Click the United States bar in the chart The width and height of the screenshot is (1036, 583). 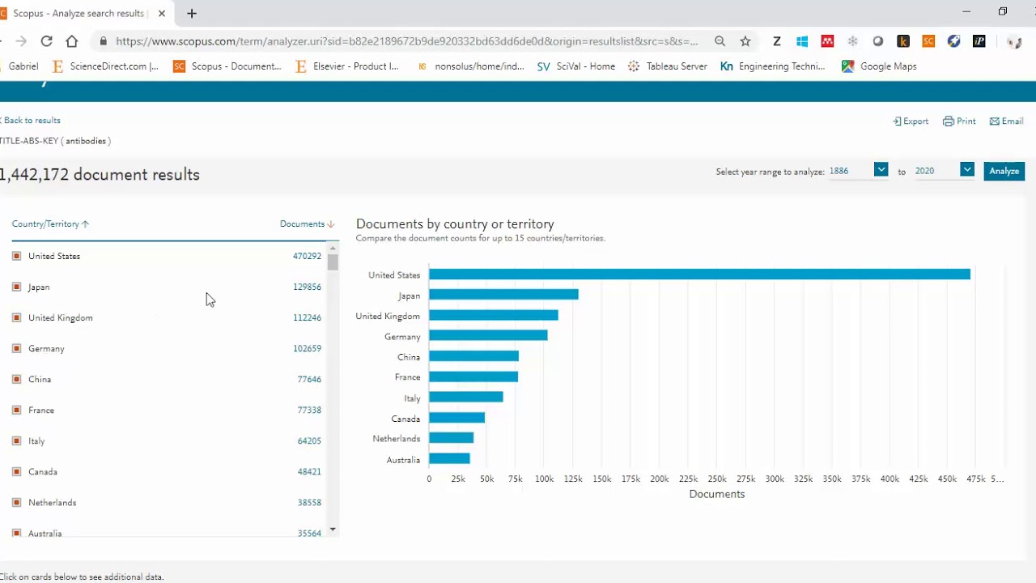(699, 274)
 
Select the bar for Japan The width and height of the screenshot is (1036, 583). (503, 296)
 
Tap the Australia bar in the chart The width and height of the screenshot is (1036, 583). (449, 459)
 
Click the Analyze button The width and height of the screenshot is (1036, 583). (1004, 171)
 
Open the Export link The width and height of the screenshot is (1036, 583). (911, 121)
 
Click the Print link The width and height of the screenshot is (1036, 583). (959, 121)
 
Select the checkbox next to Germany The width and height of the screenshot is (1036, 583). (16, 348)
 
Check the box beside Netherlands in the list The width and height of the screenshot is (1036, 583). (16, 502)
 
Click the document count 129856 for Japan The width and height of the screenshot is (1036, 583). (307, 287)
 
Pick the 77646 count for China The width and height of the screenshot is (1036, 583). (309, 379)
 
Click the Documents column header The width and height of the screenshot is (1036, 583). (302, 224)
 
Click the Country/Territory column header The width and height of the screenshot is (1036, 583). (45, 224)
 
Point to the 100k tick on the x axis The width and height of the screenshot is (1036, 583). (544, 479)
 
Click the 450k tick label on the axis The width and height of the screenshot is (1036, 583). (947, 479)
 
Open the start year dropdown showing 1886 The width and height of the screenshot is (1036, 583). (880, 170)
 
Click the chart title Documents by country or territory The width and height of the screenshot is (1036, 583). (455, 224)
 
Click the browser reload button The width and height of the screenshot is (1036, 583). (46, 41)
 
